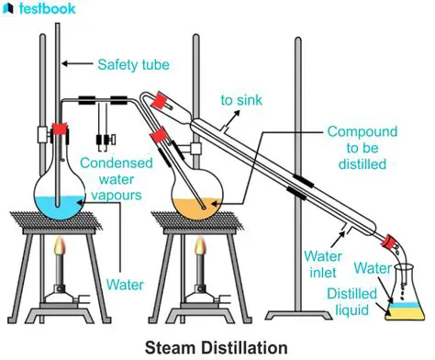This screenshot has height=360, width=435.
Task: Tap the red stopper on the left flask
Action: pyautogui.click(x=61, y=132)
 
